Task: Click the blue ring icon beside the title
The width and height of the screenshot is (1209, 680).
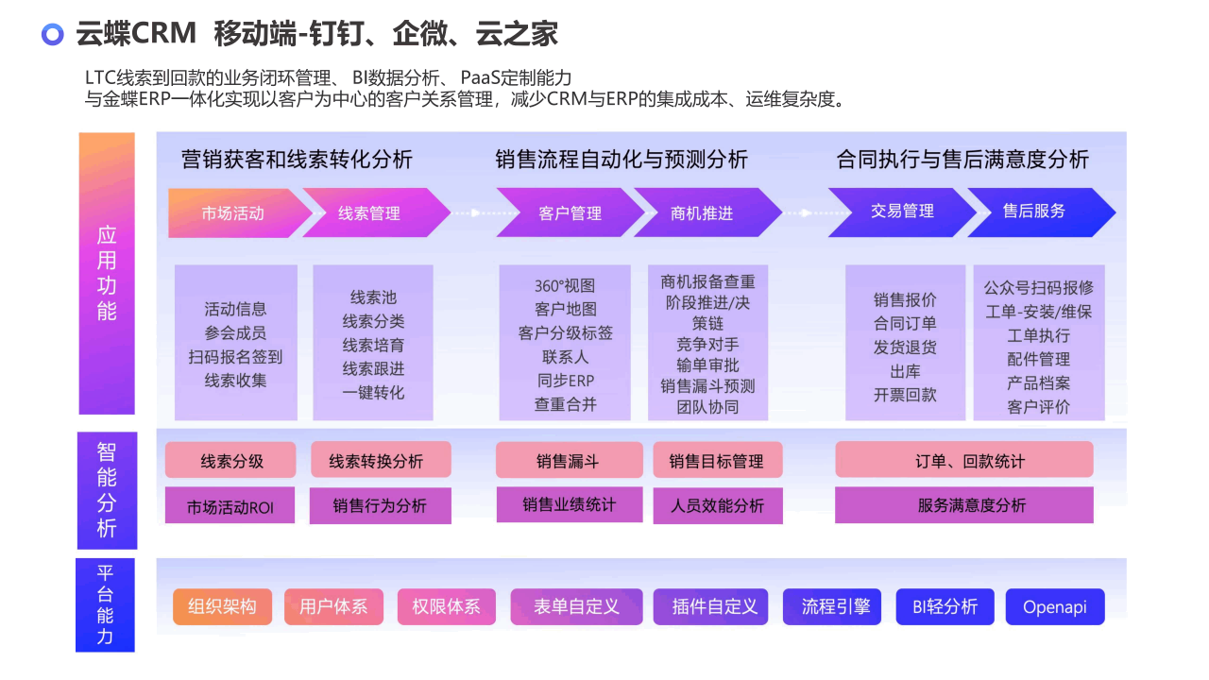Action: [x=52, y=25]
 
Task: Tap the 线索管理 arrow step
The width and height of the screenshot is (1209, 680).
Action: [x=372, y=213]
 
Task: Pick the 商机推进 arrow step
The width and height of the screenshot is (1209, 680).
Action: [x=705, y=213]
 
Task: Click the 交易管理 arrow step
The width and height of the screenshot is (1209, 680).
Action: [x=901, y=212]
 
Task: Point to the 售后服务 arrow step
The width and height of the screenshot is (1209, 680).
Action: [x=1039, y=212]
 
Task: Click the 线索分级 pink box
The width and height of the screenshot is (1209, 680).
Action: [x=230, y=460]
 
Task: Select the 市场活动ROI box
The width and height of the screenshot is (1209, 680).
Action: [x=230, y=505]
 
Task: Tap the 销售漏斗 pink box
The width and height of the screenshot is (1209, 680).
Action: [x=570, y=460]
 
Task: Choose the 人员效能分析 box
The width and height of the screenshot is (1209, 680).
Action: [x=718, y=505]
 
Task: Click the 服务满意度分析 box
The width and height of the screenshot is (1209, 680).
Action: [x=964, y=505]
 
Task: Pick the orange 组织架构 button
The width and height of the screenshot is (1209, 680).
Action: [x=222, y=606]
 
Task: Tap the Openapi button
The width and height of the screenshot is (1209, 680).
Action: [x=1055, y=606]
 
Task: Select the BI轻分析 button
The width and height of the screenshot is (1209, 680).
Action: [x=945, y=606]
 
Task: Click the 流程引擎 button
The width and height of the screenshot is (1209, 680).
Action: [x=832, y=606]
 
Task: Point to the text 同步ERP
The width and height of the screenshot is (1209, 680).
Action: [x=565, y=381]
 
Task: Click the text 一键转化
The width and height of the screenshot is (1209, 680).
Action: [x=373, y=392]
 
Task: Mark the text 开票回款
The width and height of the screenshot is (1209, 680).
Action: [x=905, y=395]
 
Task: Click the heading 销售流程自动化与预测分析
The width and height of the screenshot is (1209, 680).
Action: [x=622, y=160]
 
